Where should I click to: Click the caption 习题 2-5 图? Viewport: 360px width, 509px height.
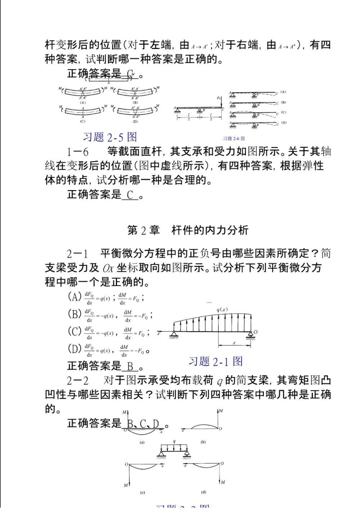pos(110,136)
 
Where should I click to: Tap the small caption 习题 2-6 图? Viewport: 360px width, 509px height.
pos(234,138)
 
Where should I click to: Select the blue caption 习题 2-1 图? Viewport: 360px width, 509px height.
pos(215,361)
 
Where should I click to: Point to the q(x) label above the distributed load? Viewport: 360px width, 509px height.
pos(221,310)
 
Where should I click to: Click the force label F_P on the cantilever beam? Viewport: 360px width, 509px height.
pos(218,98)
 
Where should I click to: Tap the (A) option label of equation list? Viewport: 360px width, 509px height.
pos(74,297)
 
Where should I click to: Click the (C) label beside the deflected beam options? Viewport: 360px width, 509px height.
pos(283,112)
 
